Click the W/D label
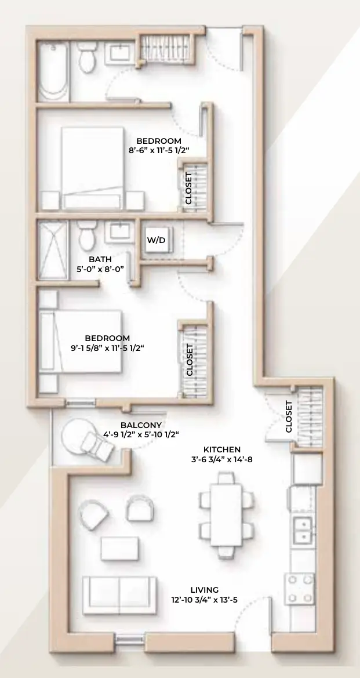pyautogui.click(x=156, y=240)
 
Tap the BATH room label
pyautogui.click(x=100, y=259)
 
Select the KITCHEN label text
pyautogui.click(x=222, y=449)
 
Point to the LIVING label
pyautogui.click(x=205, y=590)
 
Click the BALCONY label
pyautogui.click(x=141, y=425)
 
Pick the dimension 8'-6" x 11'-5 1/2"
pyautogui.click(x=159, y=150)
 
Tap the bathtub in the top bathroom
pyautogui.click(x=53, y=72)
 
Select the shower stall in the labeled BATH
pyautogui.click(x=53, y=251)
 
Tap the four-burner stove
pyautogui.click(x=300, y=589)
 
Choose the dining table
pyautogui.click(x=226, y=514)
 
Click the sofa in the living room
pyautogui.click(x=119, y=595)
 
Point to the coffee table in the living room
pyautogui.click(x=120, y=548)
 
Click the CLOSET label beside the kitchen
pyautogui.click(x=289, y=417)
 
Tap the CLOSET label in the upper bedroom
pyautogui.click(x=188, y=188)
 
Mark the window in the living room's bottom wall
pyautogui.click(x=130, y=639)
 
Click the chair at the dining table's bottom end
pyautogui.click(x=226, y=552)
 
